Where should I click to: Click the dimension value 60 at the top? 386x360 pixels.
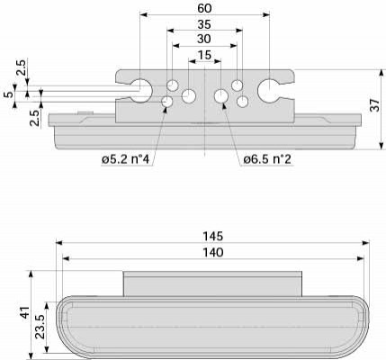[204, 8]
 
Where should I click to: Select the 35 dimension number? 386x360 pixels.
[204, 24]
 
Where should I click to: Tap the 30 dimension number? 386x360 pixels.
[204, 40]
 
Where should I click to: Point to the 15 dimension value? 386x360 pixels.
[204, 55]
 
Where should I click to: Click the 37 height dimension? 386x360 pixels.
[375, 104]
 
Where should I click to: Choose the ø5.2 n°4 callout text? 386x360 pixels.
[125, 159]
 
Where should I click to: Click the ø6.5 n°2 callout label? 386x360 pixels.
[267, 159]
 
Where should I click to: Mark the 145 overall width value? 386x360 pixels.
[213, 237]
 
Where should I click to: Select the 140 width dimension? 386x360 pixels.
[213, 253]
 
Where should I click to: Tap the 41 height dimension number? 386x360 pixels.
[25, 312]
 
